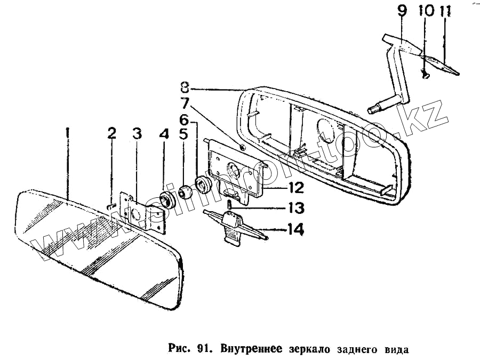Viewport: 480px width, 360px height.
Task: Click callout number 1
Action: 67,134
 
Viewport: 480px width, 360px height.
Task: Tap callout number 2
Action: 111,133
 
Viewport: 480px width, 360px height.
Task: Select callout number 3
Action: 137,134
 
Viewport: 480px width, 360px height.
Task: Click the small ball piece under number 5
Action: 185,191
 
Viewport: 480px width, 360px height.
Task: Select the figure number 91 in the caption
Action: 201,350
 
